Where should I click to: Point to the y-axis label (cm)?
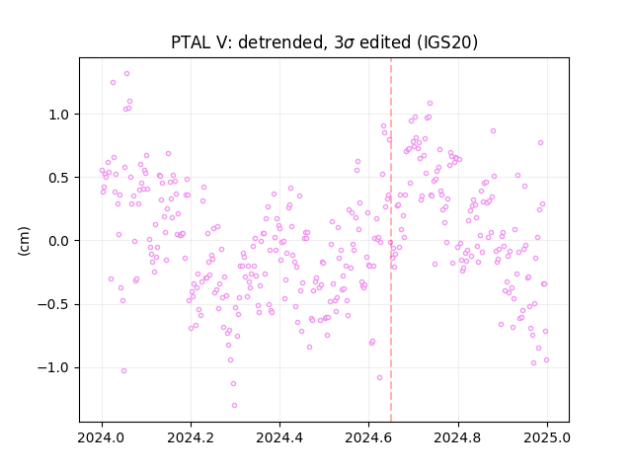[24, 241]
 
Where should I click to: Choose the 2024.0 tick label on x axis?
[102, 437]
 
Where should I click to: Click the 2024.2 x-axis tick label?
[191, 437]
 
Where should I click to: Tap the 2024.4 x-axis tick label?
[279, 437]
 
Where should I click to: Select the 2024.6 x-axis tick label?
[368, 437]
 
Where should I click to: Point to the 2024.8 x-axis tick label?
[458, 437]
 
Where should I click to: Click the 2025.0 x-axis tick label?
[547, 437]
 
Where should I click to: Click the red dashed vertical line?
[391, 240]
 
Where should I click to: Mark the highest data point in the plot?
[126, 74]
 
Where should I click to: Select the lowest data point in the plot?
[234, 406]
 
